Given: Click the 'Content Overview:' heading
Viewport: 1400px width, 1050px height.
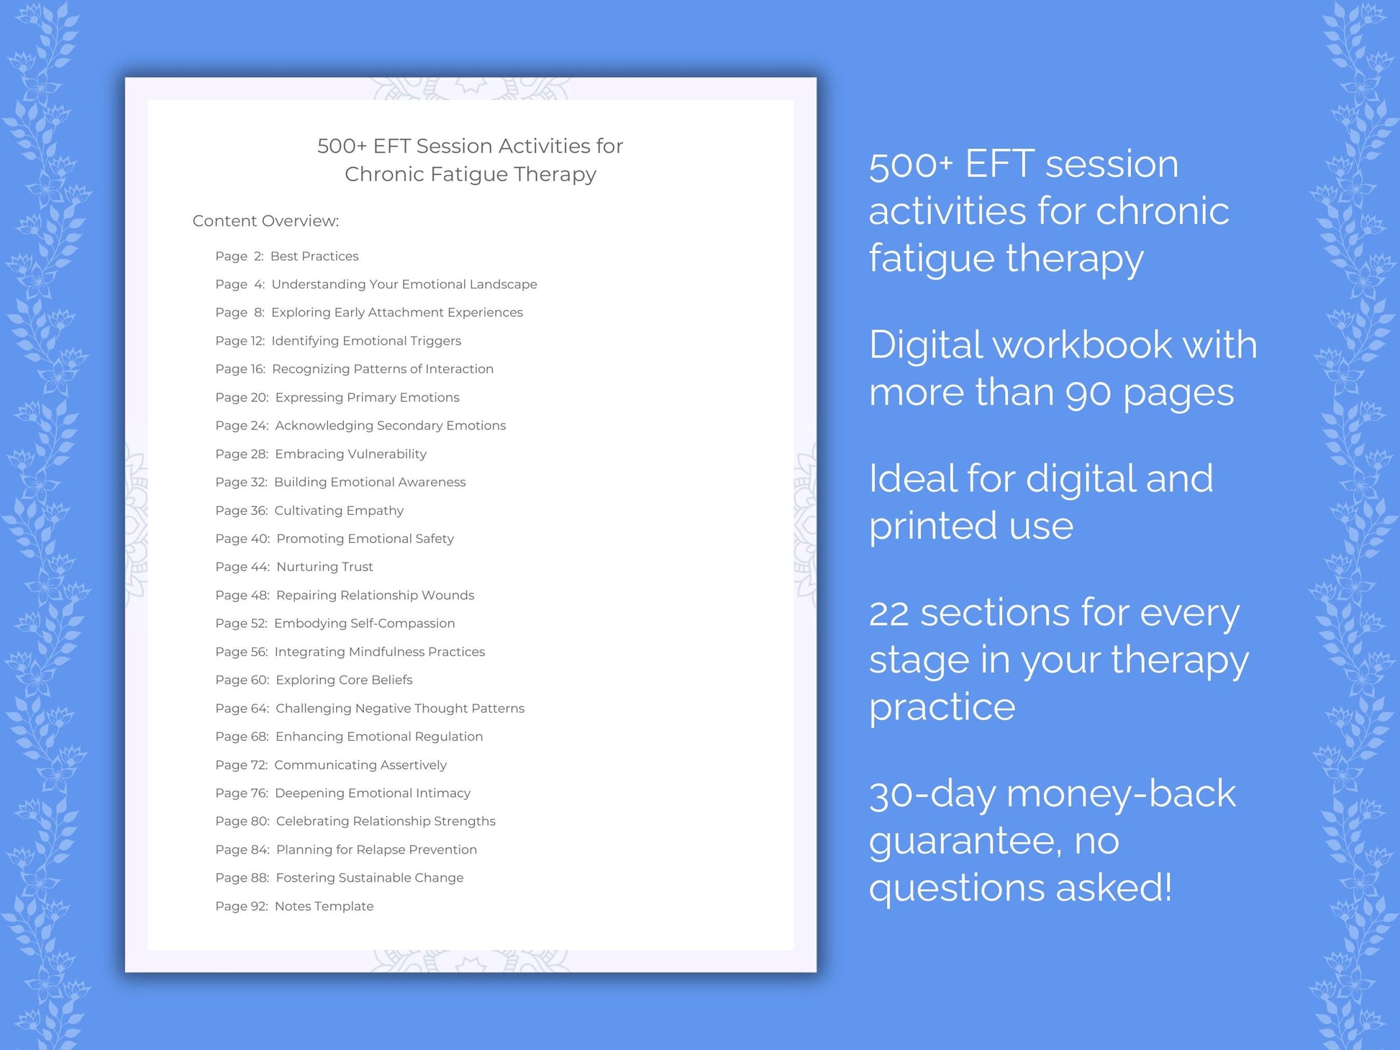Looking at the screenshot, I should [x=265, y=221].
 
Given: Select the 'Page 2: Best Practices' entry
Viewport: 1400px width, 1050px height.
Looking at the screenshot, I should [x=286, y=256].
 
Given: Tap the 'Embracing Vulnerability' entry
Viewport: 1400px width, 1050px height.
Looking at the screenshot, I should [x=321, y=454].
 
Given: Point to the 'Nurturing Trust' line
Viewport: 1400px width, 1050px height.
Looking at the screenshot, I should [x=294, y=567].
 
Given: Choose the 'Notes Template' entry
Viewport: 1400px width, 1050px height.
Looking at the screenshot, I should [x=294, y=906].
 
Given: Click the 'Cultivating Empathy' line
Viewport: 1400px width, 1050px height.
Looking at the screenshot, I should [x=309, y=511].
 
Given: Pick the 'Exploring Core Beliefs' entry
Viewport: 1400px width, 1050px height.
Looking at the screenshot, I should [x=314, y=680].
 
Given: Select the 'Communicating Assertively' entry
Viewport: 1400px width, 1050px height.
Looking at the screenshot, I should [x=331, y=764].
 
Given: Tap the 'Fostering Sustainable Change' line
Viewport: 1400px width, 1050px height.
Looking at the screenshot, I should [x=339, y=877].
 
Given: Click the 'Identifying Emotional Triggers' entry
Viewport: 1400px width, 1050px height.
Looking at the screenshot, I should [x=338, y=341].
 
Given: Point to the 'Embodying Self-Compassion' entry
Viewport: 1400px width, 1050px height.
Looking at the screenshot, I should [x=335, y=624].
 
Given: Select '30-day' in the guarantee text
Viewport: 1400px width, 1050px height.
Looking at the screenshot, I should [x=932, y=795].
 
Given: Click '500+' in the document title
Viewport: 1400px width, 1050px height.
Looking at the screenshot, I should [x=342, y=146].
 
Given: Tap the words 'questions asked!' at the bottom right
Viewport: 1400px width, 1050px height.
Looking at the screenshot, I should [x=1020, y=887].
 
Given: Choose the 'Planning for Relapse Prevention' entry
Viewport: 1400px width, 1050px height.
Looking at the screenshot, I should [x=346, y=849].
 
